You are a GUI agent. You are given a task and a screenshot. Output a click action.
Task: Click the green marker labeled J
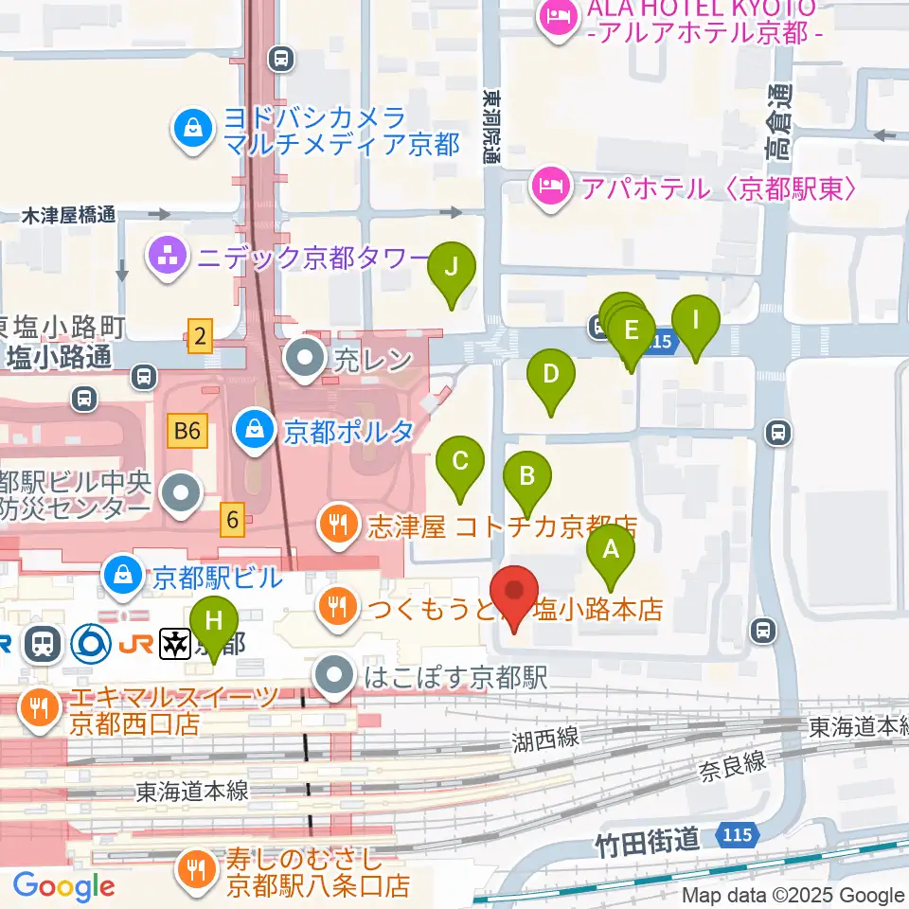(452, 268)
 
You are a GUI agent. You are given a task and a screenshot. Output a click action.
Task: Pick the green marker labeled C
(460, 463)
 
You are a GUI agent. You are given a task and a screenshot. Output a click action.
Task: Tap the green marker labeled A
(611, 550)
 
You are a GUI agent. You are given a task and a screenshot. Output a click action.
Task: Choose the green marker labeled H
(215, 623)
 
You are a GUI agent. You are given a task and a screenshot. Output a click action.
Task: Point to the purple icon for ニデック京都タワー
(168, 256)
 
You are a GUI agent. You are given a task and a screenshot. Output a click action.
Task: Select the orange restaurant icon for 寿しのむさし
(196, 871)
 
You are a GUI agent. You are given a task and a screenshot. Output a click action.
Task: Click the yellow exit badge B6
(187, 432)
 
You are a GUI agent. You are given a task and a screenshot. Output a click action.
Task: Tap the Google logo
(63, 887)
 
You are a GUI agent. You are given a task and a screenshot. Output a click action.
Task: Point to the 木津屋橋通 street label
(68, 216)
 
